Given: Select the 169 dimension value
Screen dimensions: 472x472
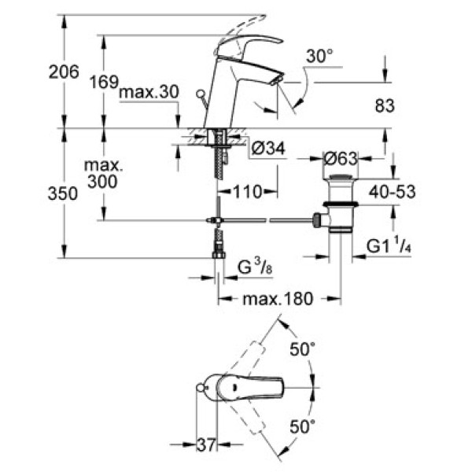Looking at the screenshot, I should [x=102, y=81].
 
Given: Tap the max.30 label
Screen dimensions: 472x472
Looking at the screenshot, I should [x=149, y=93].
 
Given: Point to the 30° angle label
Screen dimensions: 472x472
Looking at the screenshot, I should [x=320, y=57].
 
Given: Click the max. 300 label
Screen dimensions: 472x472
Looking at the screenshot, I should [x=101, y=175].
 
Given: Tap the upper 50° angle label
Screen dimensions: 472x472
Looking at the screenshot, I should [x=303, y=348].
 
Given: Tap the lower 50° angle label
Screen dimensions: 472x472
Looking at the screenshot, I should [x=303, y=426].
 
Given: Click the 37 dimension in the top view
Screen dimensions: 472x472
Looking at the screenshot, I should [x=205, y=445].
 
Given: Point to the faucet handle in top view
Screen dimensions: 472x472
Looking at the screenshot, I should [x=264, y=387].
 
